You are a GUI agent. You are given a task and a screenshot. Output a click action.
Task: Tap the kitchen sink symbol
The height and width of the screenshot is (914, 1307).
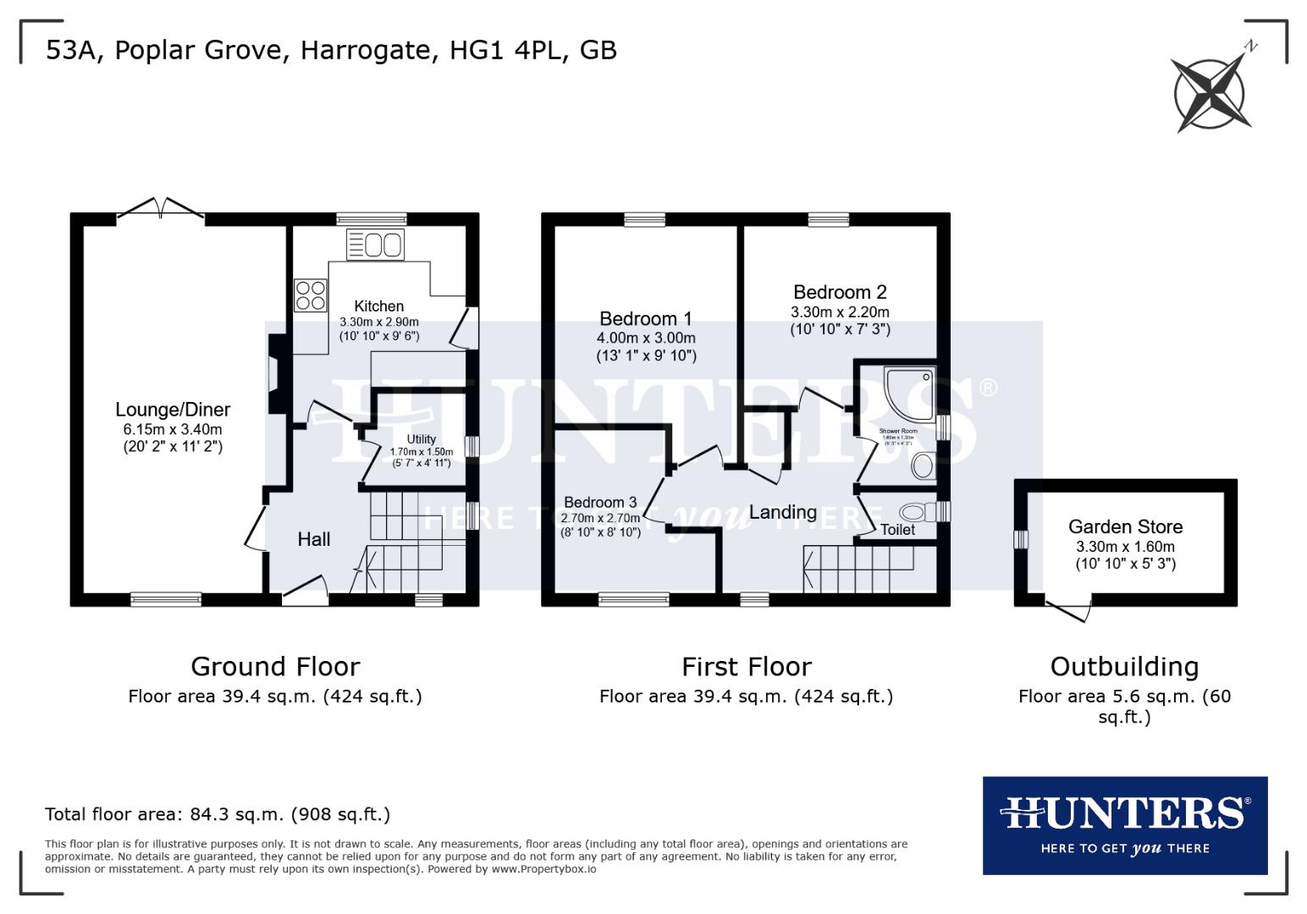376,245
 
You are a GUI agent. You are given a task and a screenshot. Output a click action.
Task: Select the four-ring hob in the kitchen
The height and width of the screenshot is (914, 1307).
311,295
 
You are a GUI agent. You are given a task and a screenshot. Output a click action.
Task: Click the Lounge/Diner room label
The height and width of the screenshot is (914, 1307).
173,410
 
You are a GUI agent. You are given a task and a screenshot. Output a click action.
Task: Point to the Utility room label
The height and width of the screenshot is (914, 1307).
421,439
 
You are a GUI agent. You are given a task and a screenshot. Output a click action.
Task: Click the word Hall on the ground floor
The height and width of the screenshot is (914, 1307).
313,539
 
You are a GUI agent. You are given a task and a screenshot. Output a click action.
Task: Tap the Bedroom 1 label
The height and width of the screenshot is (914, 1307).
645,319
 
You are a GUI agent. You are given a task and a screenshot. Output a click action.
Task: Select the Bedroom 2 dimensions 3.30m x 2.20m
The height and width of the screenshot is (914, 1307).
840,311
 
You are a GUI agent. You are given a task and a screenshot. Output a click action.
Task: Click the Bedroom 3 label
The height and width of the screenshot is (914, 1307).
600,503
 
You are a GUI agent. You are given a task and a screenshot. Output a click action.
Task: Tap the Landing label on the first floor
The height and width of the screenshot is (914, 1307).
782,512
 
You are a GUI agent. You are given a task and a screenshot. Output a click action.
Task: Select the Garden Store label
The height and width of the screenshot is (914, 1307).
1125,526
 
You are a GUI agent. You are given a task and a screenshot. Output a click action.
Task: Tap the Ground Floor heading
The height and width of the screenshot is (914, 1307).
275,667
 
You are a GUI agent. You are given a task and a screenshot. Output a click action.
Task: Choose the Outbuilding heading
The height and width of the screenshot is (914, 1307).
1124,667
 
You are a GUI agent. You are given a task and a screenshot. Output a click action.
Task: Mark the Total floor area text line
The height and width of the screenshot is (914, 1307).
218,814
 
